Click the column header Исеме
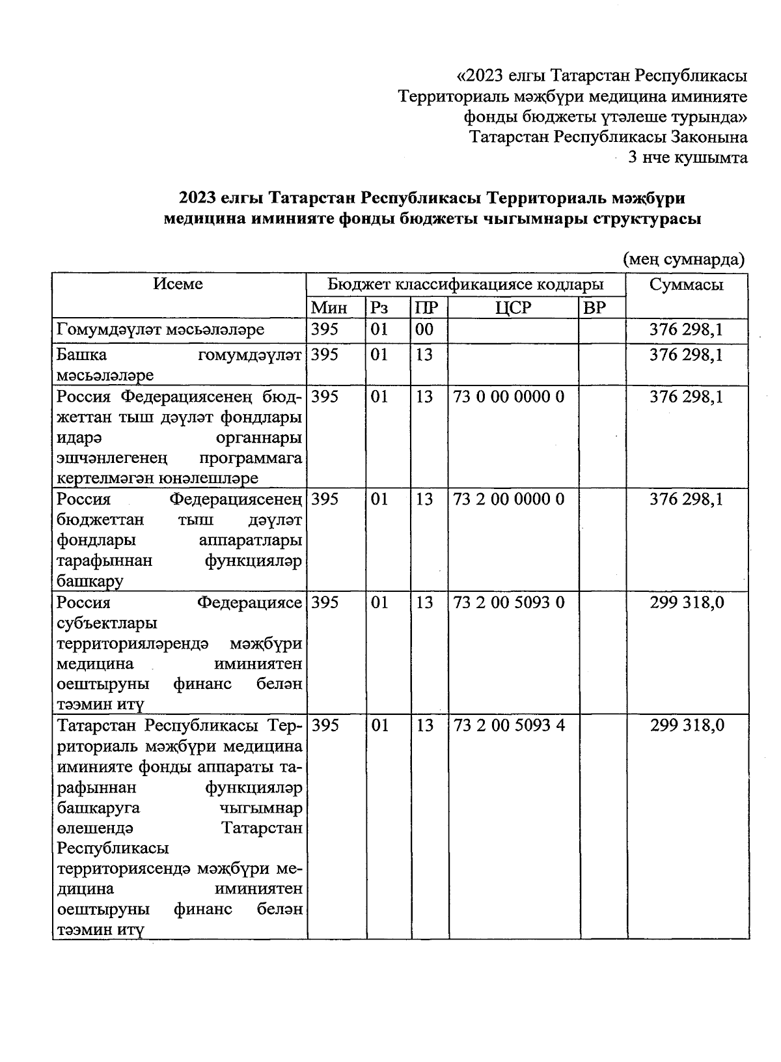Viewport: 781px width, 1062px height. click(178, 284)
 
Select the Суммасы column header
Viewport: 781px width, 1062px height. click(687, 285)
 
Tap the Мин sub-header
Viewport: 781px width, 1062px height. click(329, 307)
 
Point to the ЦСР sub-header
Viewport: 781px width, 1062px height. click(513, 307)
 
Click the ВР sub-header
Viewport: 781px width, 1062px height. click(594, 307)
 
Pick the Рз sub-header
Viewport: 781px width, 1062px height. click(379, 307)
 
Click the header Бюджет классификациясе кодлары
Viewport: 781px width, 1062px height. click(465, 285)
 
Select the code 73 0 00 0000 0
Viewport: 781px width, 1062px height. click(509, 397)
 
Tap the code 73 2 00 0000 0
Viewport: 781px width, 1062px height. click(509, 499)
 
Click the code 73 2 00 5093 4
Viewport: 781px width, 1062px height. click(509, 725)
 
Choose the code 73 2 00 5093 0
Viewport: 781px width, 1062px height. click(509, 602)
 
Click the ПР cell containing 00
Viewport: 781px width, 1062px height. click(424, 329)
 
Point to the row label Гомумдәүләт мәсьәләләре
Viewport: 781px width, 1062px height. click(161, 329)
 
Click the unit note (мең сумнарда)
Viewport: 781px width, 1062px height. click(684, 259)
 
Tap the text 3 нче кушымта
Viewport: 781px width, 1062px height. click(687, 158)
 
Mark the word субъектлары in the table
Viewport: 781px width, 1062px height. click(107, 623)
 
